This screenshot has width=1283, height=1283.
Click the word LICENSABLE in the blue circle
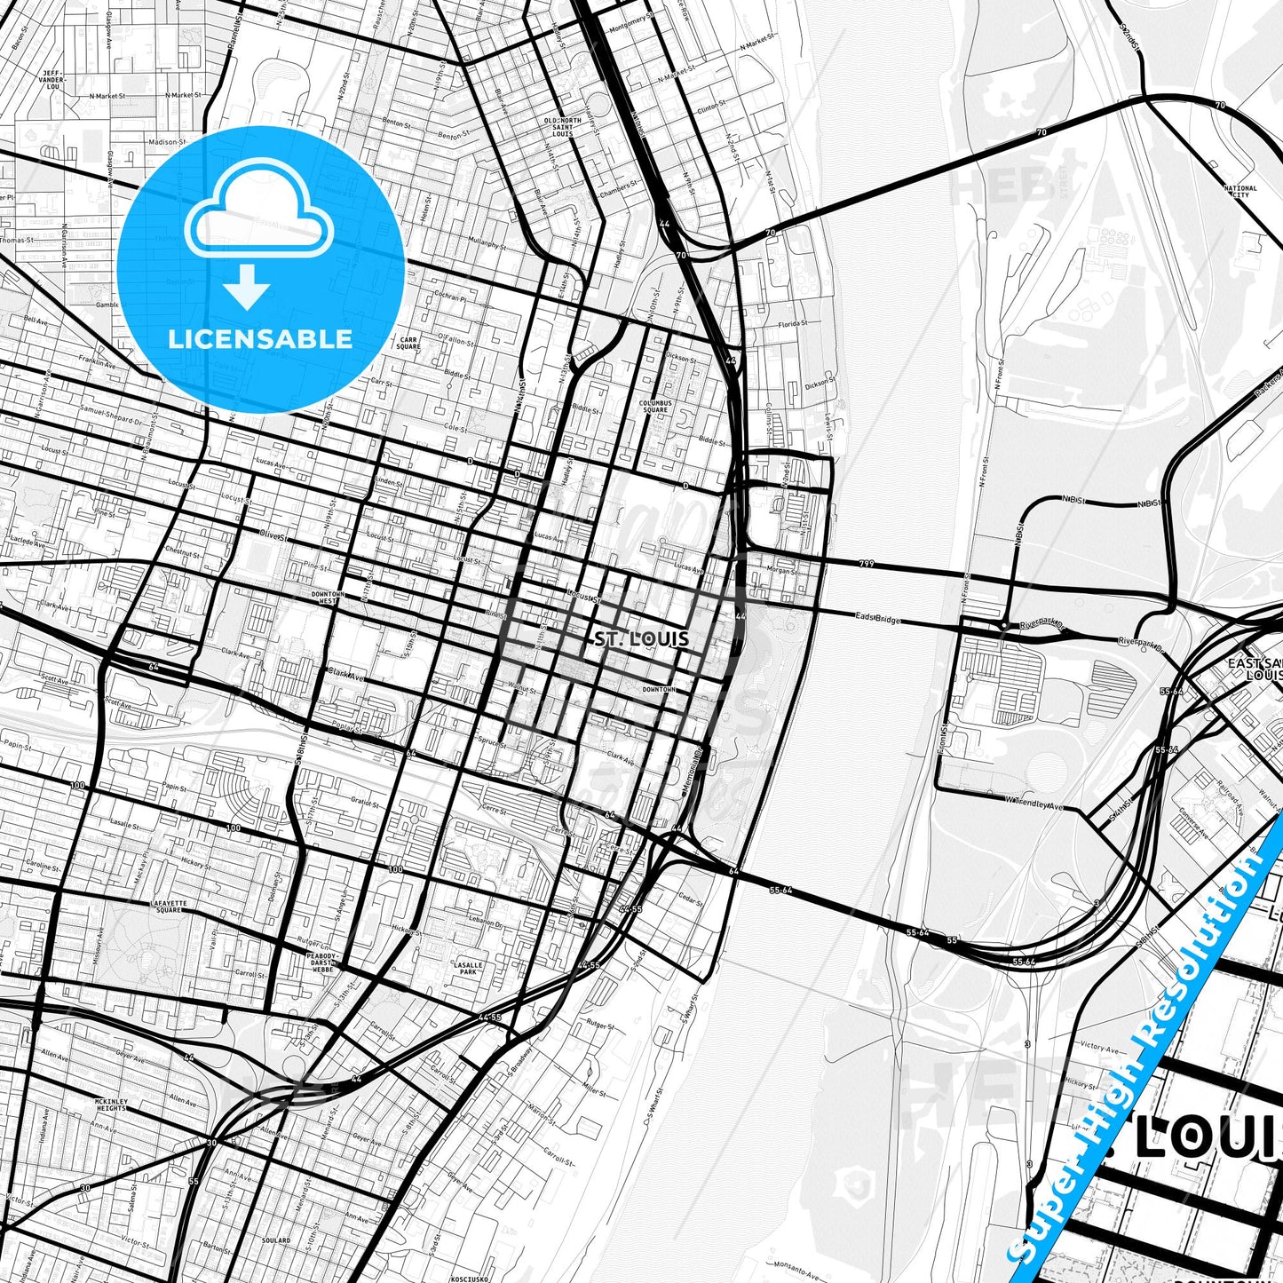pos(260,339)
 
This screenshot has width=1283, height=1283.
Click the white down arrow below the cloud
pos(247,287)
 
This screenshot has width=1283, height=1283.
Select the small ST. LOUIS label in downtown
pos(641,639)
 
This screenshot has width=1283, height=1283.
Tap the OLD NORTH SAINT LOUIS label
pos(562,128)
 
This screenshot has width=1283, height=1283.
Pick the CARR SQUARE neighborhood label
pos(408,343)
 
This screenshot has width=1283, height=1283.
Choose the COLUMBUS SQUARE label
pos(655,406)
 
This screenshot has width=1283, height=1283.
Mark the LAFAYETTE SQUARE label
pos(168,906)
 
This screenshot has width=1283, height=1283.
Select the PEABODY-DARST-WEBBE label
pos(321,962)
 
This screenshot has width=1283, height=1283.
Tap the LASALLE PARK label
pos(468,968)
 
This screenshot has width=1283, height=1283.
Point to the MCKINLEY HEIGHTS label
pos(111,1105)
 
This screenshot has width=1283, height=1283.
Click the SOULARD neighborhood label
pos(276,1240)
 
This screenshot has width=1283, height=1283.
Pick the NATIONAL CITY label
pos(1239,191)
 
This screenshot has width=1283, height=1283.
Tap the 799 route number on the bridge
pos(866,563)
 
